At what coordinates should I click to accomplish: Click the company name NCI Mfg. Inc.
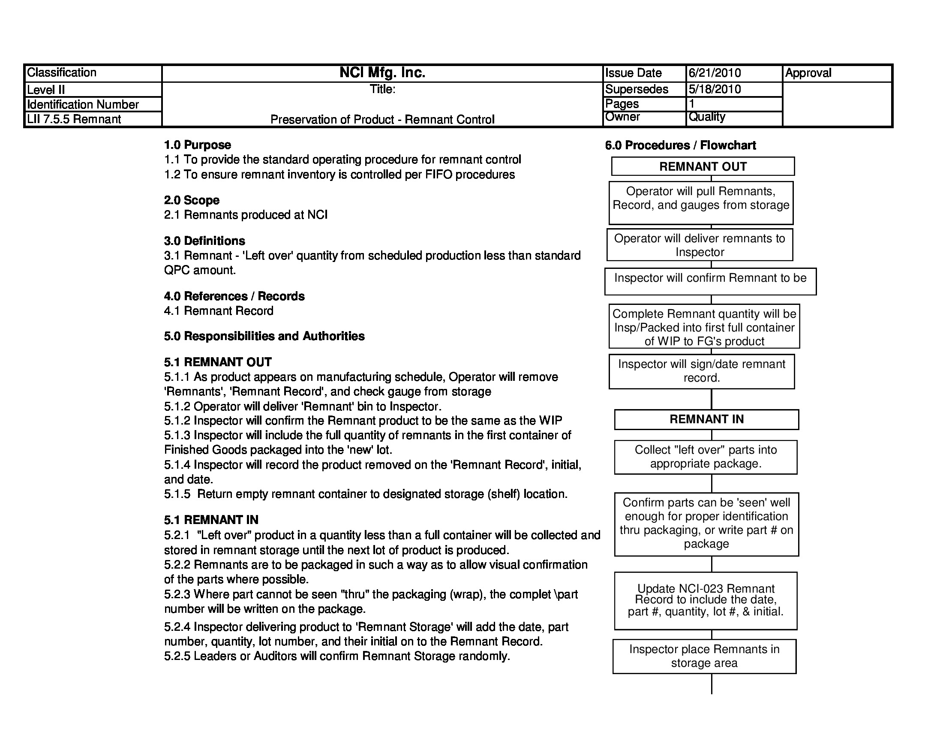click(382, 72)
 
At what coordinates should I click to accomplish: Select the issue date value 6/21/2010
click(715, 73)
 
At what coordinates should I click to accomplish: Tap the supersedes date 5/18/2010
click(715, 89)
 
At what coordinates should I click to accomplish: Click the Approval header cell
click(808, 73)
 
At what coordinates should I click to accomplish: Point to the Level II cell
click(46, 90)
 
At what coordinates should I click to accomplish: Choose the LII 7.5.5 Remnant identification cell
click(74, 119)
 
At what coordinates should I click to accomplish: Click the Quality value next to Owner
click(707, 117)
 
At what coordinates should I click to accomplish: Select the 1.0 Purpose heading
click(197, 145)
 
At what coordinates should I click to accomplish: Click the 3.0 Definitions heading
click(204, 241)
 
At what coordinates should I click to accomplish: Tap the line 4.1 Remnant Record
click(219, 311)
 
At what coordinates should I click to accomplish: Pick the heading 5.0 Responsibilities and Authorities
click(264, 337)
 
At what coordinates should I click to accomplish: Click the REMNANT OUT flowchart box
click(703, 167)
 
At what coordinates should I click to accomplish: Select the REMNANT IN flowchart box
click(706, 419)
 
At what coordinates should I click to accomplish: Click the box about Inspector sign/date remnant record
click(701, 371)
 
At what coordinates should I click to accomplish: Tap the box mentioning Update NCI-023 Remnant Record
click(706, 600)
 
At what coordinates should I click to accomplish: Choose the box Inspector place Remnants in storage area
click(704, 656)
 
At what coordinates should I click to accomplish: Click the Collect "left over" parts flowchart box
click(706, 457)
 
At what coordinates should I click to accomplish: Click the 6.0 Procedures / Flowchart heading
click(680, 145)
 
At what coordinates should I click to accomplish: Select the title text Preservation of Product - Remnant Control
click(382, 120)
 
